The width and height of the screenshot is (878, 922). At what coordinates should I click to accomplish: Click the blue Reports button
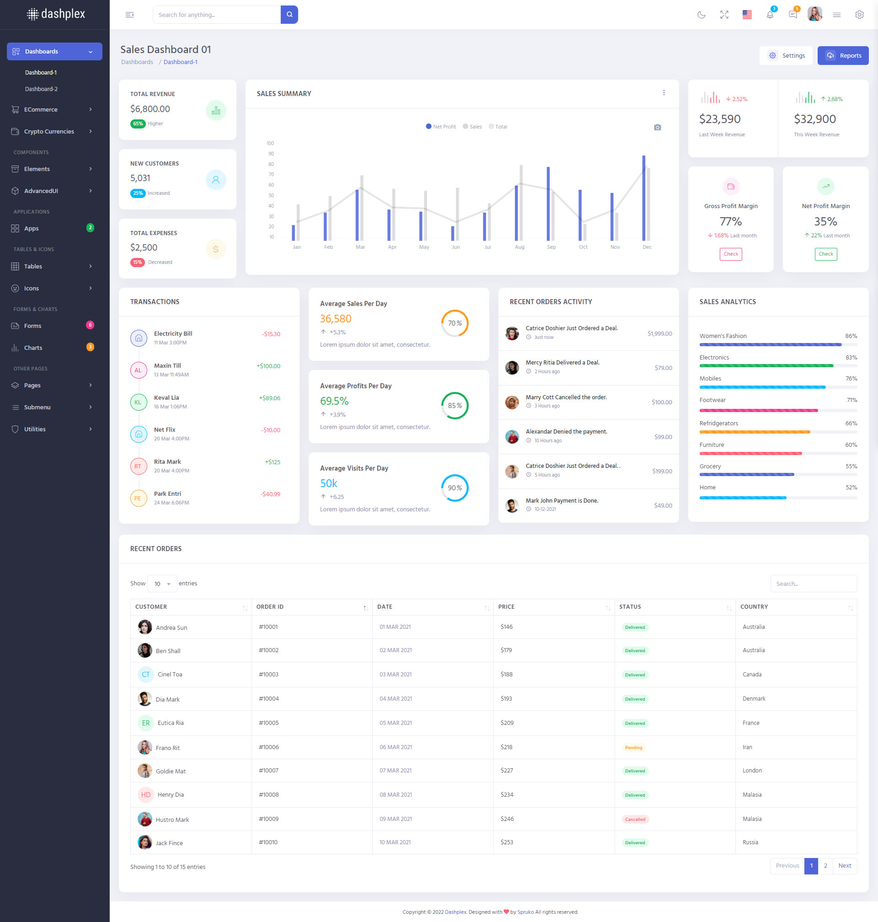(842, 56)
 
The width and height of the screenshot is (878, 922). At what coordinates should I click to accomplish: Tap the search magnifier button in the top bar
(289, 15)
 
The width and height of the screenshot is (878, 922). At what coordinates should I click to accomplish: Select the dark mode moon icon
(701, 15)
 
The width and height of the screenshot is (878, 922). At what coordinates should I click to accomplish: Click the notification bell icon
(770, 15)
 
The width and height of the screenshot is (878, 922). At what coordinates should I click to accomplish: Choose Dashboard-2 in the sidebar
(41, 89)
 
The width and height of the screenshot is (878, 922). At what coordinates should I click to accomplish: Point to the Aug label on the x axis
(519, 247)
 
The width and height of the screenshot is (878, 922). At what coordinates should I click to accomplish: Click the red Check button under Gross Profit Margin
(731, 254)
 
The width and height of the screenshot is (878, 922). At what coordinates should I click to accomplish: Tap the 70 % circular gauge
(455, 323)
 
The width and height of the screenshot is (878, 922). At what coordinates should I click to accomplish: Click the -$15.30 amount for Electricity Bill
(271, 334)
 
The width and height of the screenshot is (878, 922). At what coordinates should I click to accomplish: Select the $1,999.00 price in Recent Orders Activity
(659, 334)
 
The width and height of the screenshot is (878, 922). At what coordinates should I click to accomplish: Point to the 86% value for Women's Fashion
(851, 336)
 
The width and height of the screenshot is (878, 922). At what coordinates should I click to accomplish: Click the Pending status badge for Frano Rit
(633, 747)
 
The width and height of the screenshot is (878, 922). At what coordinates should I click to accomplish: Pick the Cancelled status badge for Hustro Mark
(635, 819)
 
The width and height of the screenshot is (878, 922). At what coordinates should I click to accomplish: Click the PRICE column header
(506, 606)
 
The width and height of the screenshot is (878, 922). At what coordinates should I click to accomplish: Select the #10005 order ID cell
(268, 723)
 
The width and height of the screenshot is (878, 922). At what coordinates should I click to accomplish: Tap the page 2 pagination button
(825, 865)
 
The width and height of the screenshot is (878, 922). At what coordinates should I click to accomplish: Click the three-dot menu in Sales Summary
(664, 93)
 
